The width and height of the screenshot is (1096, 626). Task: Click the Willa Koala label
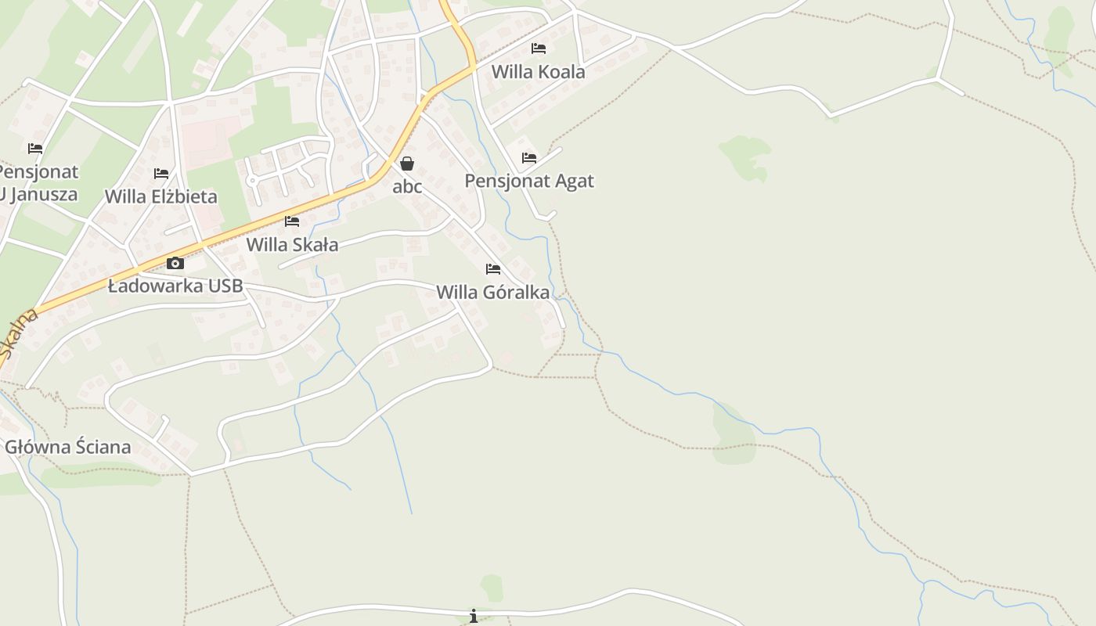pos(538,72)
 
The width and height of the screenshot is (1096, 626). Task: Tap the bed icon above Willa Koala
pos(539,49)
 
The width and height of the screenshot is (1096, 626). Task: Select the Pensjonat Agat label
pos(529,181)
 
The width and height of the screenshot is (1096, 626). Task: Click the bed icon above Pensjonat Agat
pos(529,158)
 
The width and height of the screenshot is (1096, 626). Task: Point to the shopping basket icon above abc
pos(407,164)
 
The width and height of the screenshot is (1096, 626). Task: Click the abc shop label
pos(407,186)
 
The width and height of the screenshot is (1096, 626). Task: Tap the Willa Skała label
pos(292,245)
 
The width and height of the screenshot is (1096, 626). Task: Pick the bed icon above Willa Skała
pos(292,221)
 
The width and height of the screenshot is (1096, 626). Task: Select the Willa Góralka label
pos(492,293)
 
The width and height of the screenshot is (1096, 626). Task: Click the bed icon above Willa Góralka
pos(493,269)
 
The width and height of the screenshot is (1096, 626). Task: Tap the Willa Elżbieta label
pos(161,196)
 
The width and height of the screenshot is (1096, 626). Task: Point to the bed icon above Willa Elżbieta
pos(161,174)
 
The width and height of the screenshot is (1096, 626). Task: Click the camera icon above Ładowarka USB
pos(175,263)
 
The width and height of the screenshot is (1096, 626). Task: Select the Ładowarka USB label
pos(175,286)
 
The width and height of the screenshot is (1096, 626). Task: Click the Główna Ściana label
pos(68,448)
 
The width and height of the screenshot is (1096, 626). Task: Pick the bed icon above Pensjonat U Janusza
pos(35,149)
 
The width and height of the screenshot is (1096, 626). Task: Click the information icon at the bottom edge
pos(474,617)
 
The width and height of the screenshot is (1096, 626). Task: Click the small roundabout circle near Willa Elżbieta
pos(251,180)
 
